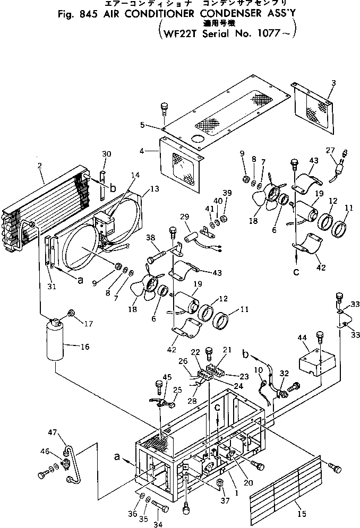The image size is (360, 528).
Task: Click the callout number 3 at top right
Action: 333,83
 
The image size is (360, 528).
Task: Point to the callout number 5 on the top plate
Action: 142,125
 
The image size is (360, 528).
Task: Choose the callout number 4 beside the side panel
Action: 142,150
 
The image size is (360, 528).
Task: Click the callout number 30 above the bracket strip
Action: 107,154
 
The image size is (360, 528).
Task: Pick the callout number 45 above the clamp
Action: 168,377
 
